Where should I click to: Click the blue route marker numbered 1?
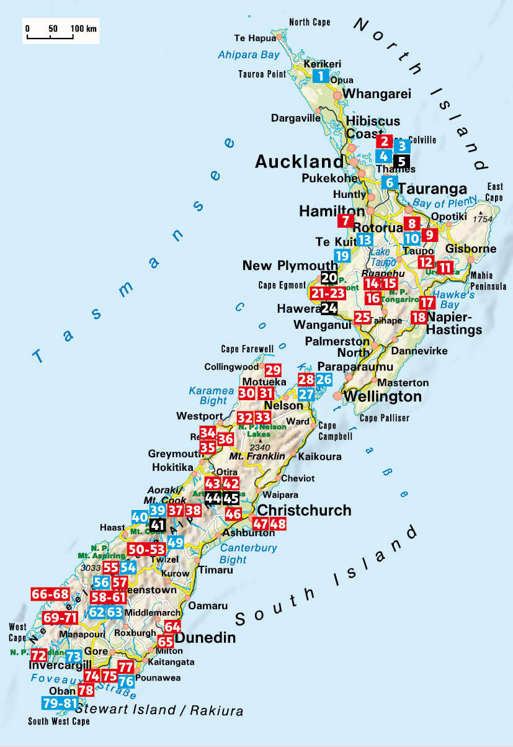tap(320, 76)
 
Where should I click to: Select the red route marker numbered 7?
tap(346, 220)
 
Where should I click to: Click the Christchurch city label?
tap(304, 510)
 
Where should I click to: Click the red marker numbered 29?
tap(273, 370)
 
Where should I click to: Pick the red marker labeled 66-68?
tap(50, 594)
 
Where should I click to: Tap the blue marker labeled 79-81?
tap(60, 703)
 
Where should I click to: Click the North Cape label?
tap(310, 22)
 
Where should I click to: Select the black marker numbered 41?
tap(158, 525)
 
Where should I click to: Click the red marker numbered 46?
tap(233, 513)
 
